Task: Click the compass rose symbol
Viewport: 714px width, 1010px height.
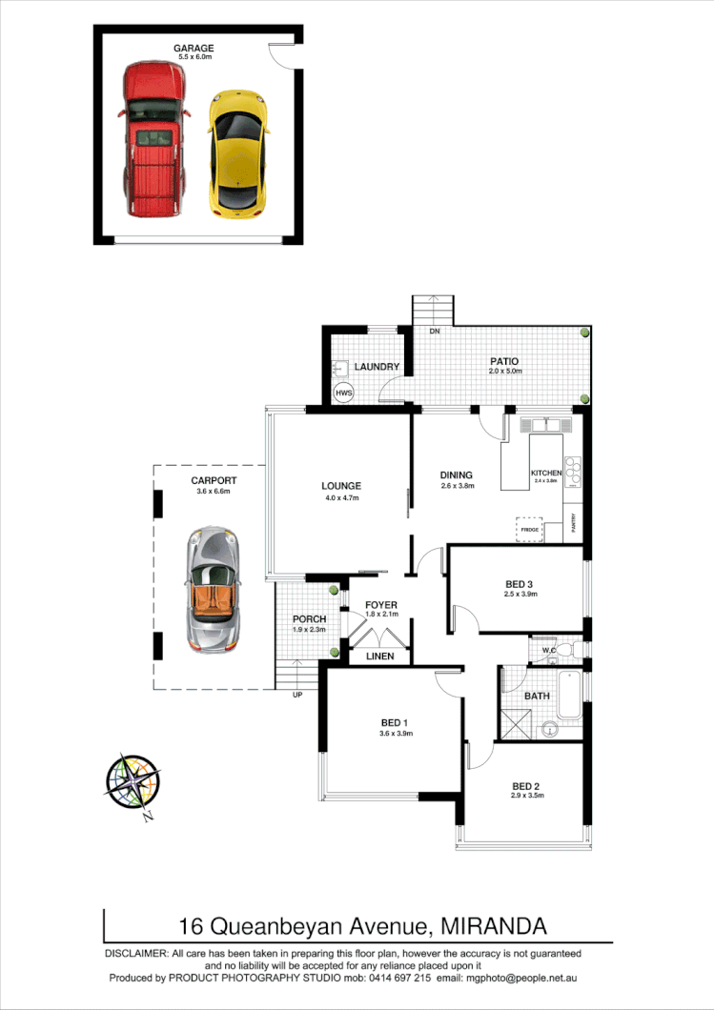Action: click(x=131, y=783)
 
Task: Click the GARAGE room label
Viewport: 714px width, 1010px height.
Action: click(x=193, y=48)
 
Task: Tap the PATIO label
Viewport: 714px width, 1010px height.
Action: click(x=504, y=361)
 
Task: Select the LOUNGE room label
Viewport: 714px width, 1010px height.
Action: click(x=340, y=486)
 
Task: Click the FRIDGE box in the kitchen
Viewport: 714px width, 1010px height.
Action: click(x=528, y=529)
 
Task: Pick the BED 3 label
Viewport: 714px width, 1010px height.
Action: click(x=520, y=584)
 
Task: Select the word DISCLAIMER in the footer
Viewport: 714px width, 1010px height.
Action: click(x=136, y=953)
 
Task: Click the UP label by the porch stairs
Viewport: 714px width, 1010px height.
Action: click(x=297, y=694)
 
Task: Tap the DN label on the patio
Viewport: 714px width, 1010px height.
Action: click(x=434, y=332)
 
